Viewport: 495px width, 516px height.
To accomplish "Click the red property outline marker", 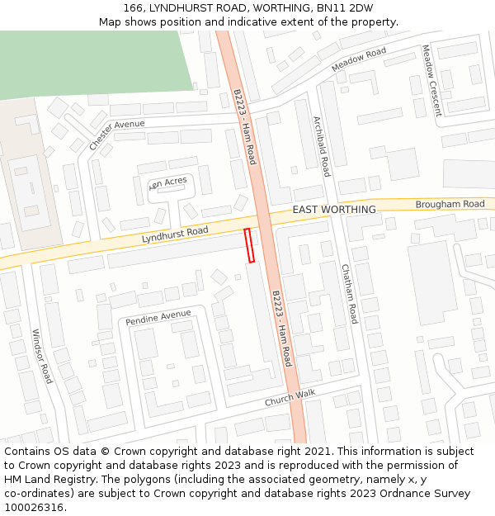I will click(x=249, y=245).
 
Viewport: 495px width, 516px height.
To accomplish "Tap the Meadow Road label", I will click(x=359, y=59).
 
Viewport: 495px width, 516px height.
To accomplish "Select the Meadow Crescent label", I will click(x=431, y=80).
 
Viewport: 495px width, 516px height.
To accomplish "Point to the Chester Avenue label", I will click(x=116, y=135).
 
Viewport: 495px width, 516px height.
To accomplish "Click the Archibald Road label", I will click(x=321, y=146).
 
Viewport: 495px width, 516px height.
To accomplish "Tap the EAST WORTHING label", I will click(x=334, y=210).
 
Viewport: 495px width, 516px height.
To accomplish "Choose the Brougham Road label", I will click(x=450, y=204).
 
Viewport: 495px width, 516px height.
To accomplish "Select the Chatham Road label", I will click(x=350, y=293).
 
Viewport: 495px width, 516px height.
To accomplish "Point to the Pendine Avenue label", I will click(x=158, y=318).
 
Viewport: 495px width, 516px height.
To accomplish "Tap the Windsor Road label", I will click(x=42, y=356).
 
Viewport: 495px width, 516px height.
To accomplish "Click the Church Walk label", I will click(x=290, y=397).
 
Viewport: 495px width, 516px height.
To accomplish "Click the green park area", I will click(x=91, y=62).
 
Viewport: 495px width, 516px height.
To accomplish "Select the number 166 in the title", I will click(x=134, y=8).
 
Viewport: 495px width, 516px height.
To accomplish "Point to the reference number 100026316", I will click(x=33, y=507).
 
